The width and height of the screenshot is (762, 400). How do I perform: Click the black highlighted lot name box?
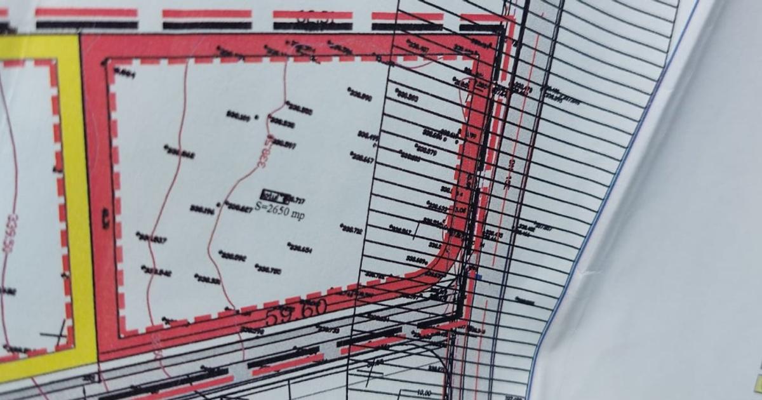(x=276, y=195)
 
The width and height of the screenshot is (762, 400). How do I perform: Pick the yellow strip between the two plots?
(x=83, y=190)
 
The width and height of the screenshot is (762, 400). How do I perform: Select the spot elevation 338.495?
(x=368, y=137)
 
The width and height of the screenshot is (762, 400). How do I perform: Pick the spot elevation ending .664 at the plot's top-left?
(x=125, y=74)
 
